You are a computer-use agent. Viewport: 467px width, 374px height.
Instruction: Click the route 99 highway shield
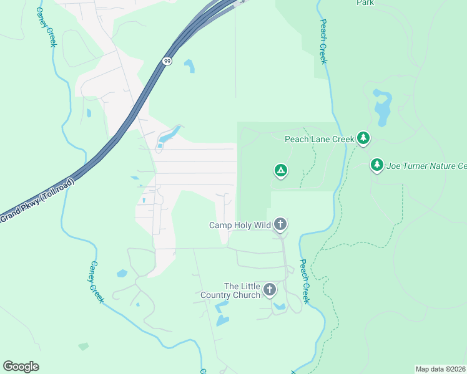(x=166, y=61)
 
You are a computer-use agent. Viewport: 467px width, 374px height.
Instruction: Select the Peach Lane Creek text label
(x=319, y=139)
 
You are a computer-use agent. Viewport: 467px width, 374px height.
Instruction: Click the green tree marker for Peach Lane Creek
(x=363, y=138)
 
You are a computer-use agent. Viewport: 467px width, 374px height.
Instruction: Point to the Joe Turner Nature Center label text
(x=427, y=166)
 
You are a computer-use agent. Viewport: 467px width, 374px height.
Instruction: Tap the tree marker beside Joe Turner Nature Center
(x=376, y=165)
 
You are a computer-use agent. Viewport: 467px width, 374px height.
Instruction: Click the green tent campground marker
(x=281, y=170)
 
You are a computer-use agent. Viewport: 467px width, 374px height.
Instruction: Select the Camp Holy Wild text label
(x=240, y=225)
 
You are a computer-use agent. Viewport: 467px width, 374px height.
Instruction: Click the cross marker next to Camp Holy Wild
(x=280, y=224)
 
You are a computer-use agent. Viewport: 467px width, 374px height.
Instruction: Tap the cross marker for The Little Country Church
(x=270, y=289)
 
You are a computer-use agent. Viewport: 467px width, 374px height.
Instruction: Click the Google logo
(x=21, y=367)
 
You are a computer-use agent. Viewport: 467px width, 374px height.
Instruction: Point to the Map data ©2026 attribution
(x=441, y=369)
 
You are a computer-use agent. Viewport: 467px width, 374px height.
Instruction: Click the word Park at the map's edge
(x=365, y=3)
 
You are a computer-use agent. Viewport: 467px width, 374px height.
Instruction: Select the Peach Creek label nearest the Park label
(x=323, y=41)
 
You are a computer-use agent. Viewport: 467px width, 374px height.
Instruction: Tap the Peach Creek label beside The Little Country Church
(x=304, y=281)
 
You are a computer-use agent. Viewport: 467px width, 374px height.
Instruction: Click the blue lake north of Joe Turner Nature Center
(x=381, y=105)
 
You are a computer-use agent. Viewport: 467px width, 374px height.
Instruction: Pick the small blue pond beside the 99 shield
(x=189, y=65)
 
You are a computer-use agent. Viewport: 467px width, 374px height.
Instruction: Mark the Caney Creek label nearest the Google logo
(x=96, y=282)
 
